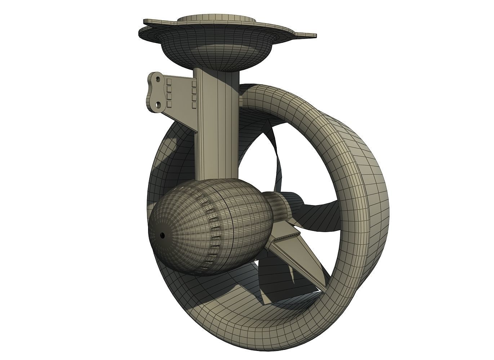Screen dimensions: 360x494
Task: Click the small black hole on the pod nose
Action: tap(162, 235)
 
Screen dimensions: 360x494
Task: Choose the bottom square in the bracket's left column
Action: tap(169, 105)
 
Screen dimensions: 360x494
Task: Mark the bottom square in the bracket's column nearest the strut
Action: tap(194, 106)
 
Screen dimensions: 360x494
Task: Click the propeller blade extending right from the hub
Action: tap(317, 209)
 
